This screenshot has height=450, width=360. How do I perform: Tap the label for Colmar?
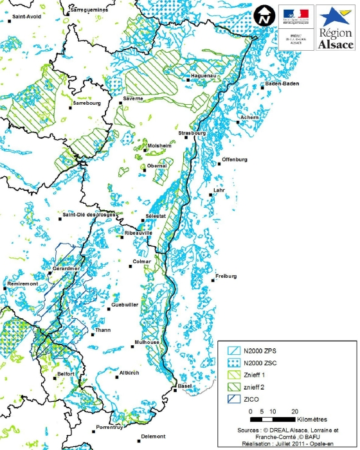click(x=141, y=262)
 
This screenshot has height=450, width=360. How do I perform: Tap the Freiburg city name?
click(x=227, y=276)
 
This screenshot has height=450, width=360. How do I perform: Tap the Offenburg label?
click(x=235, y=159)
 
